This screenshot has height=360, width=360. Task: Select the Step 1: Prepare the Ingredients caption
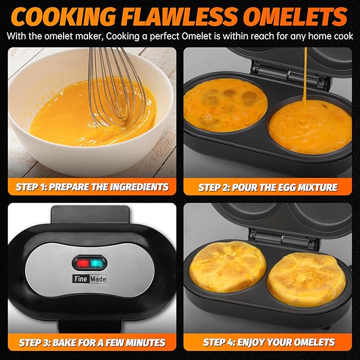92,187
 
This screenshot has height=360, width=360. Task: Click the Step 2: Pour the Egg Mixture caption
268,187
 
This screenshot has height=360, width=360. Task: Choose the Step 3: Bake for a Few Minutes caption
92,342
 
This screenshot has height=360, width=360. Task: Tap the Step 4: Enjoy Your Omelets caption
268,342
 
